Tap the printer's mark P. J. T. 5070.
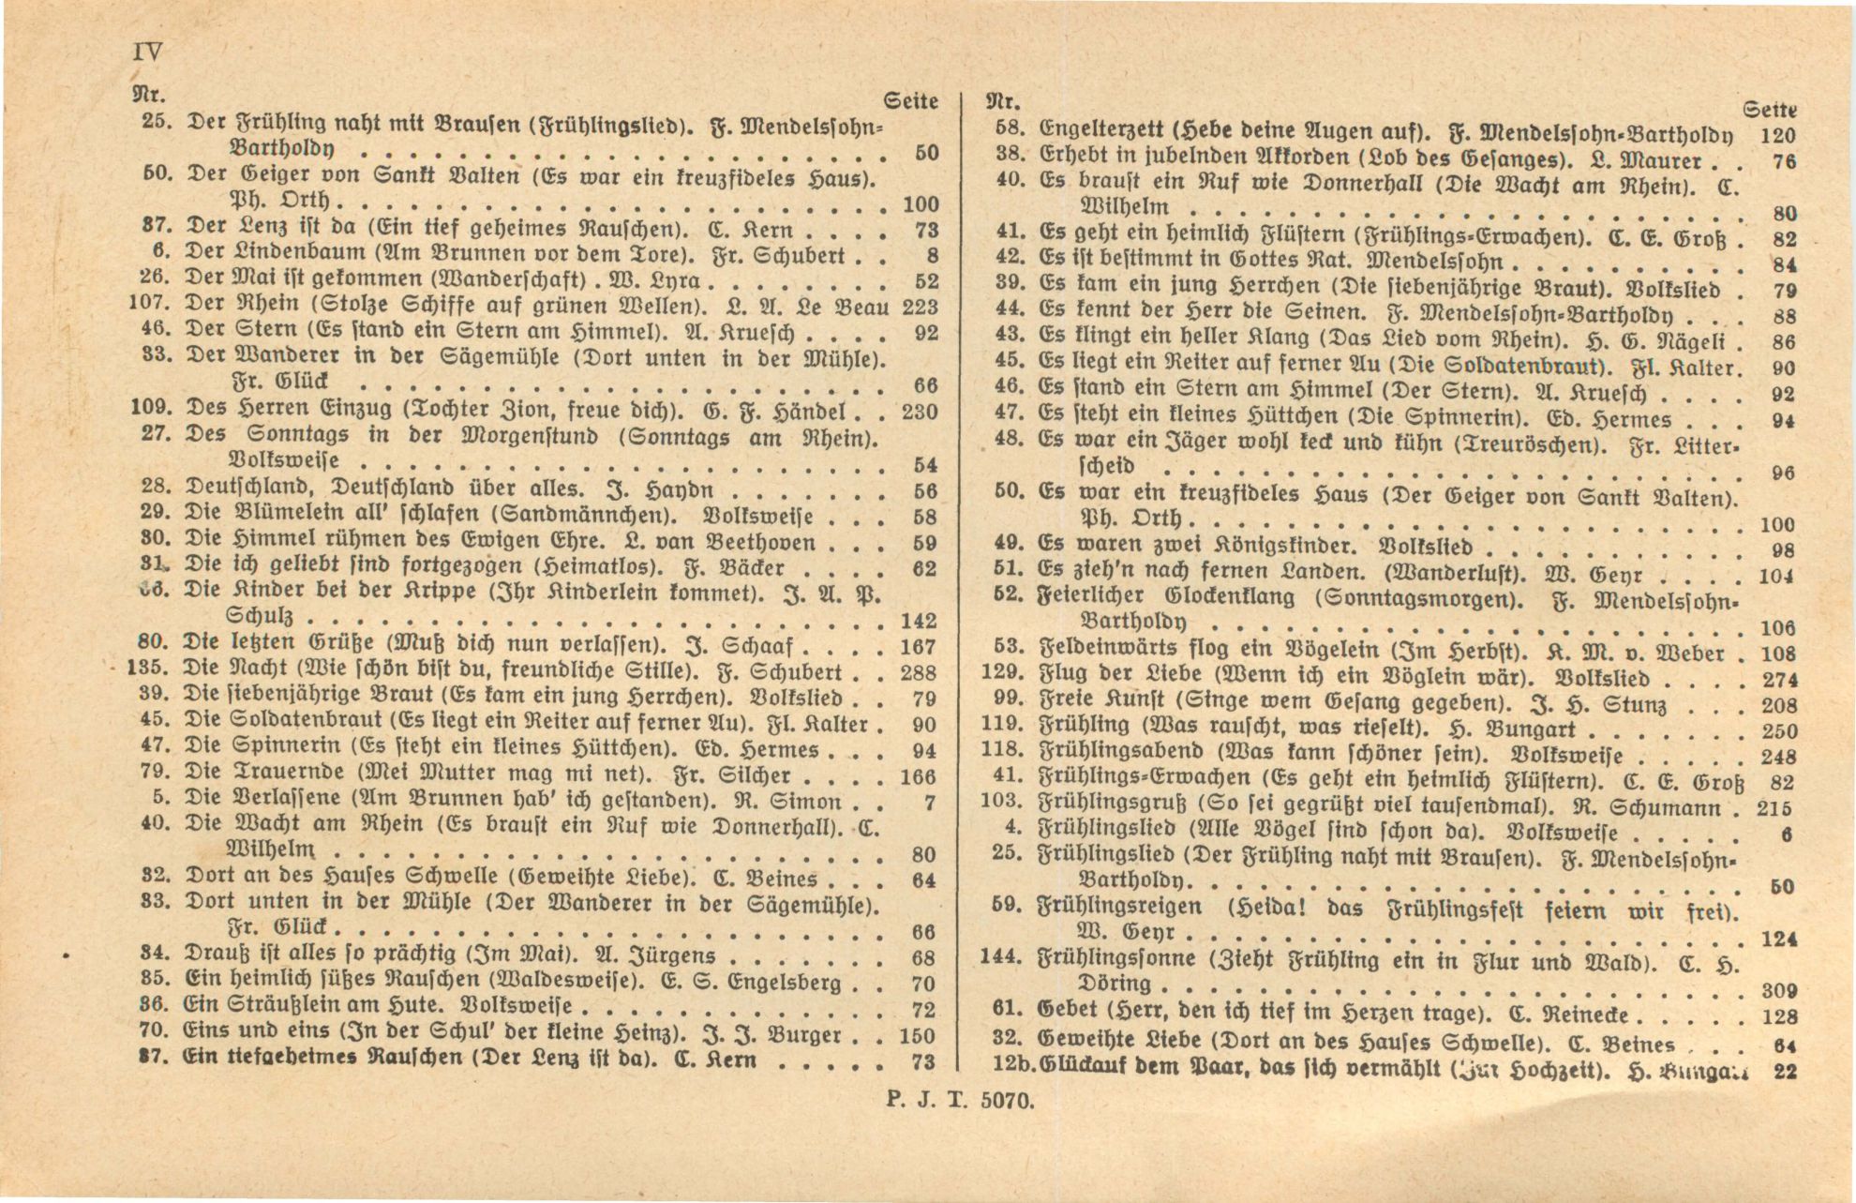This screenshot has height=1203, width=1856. tap(960, 1102)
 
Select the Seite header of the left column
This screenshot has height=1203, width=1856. tap(911, 100)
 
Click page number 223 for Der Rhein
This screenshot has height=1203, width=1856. tap(919, 307)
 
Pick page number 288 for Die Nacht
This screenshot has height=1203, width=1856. tap(917, 672)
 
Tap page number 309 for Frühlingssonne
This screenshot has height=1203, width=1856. tap(1777, 989)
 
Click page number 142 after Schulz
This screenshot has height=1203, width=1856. tap(917, 621)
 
